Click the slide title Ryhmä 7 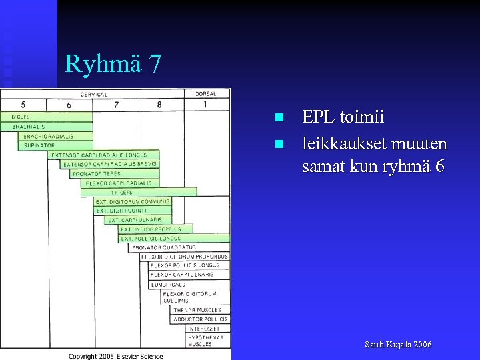(x=113, y=64)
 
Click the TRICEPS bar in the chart (x=139, y=192)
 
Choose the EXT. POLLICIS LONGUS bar (x=175, y=238)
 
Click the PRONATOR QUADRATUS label (x=164, y=247)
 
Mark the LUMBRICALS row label (x=168, y=285)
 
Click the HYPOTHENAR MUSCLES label (x=200, y=341)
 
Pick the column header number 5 (x=23, y=105)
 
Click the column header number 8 (x=159, y=105)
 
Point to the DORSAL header (x=205, y=94)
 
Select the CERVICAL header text (x=94, y=94)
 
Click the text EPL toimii (x=343, y=117)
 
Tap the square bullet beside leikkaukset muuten (x=280, y=144)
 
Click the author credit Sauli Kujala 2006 (x=398, y=345)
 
